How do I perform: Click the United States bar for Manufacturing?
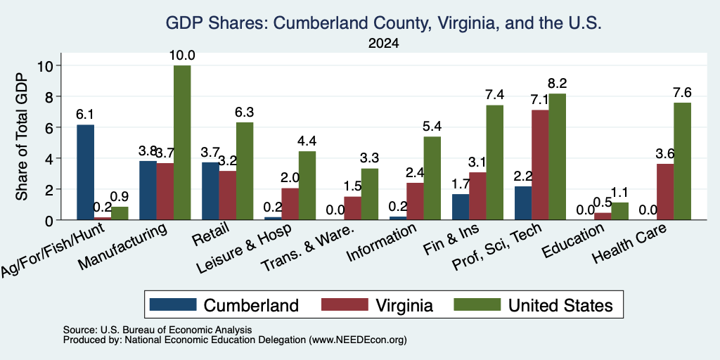click(182, 143)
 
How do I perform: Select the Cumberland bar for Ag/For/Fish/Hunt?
click(85, 172)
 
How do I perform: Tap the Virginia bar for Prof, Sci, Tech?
click(540, 165)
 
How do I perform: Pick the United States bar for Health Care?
click(682, 161)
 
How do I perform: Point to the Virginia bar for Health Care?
click(665, 192)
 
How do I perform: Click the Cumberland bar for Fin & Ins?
click(461, 207)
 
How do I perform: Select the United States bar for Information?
click(432, 178)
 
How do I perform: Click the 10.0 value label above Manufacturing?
click(182, 56)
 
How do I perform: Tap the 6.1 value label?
click(85, 115)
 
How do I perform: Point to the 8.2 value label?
click(558, 84)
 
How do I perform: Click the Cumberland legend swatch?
click(173, 304)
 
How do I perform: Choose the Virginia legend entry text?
click(404, 305)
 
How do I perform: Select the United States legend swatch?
click(477, 304)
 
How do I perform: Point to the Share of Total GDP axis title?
click(22, 136)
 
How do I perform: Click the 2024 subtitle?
click(383, 44)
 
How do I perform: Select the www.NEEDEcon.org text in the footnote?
click(358, 340)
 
